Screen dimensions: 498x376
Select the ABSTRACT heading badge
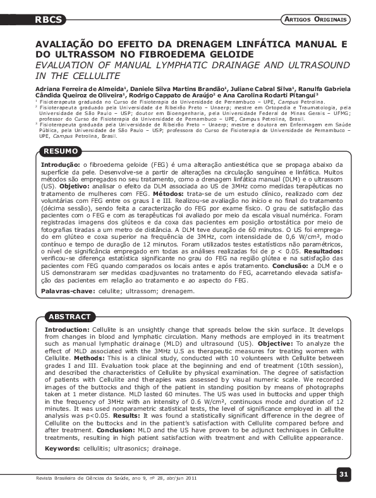[x=70, y=316]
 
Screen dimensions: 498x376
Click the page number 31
[x=343, y=473]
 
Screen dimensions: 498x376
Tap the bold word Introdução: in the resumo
[x=60, y=163]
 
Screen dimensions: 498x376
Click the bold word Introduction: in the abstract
[x=66, y=330]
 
